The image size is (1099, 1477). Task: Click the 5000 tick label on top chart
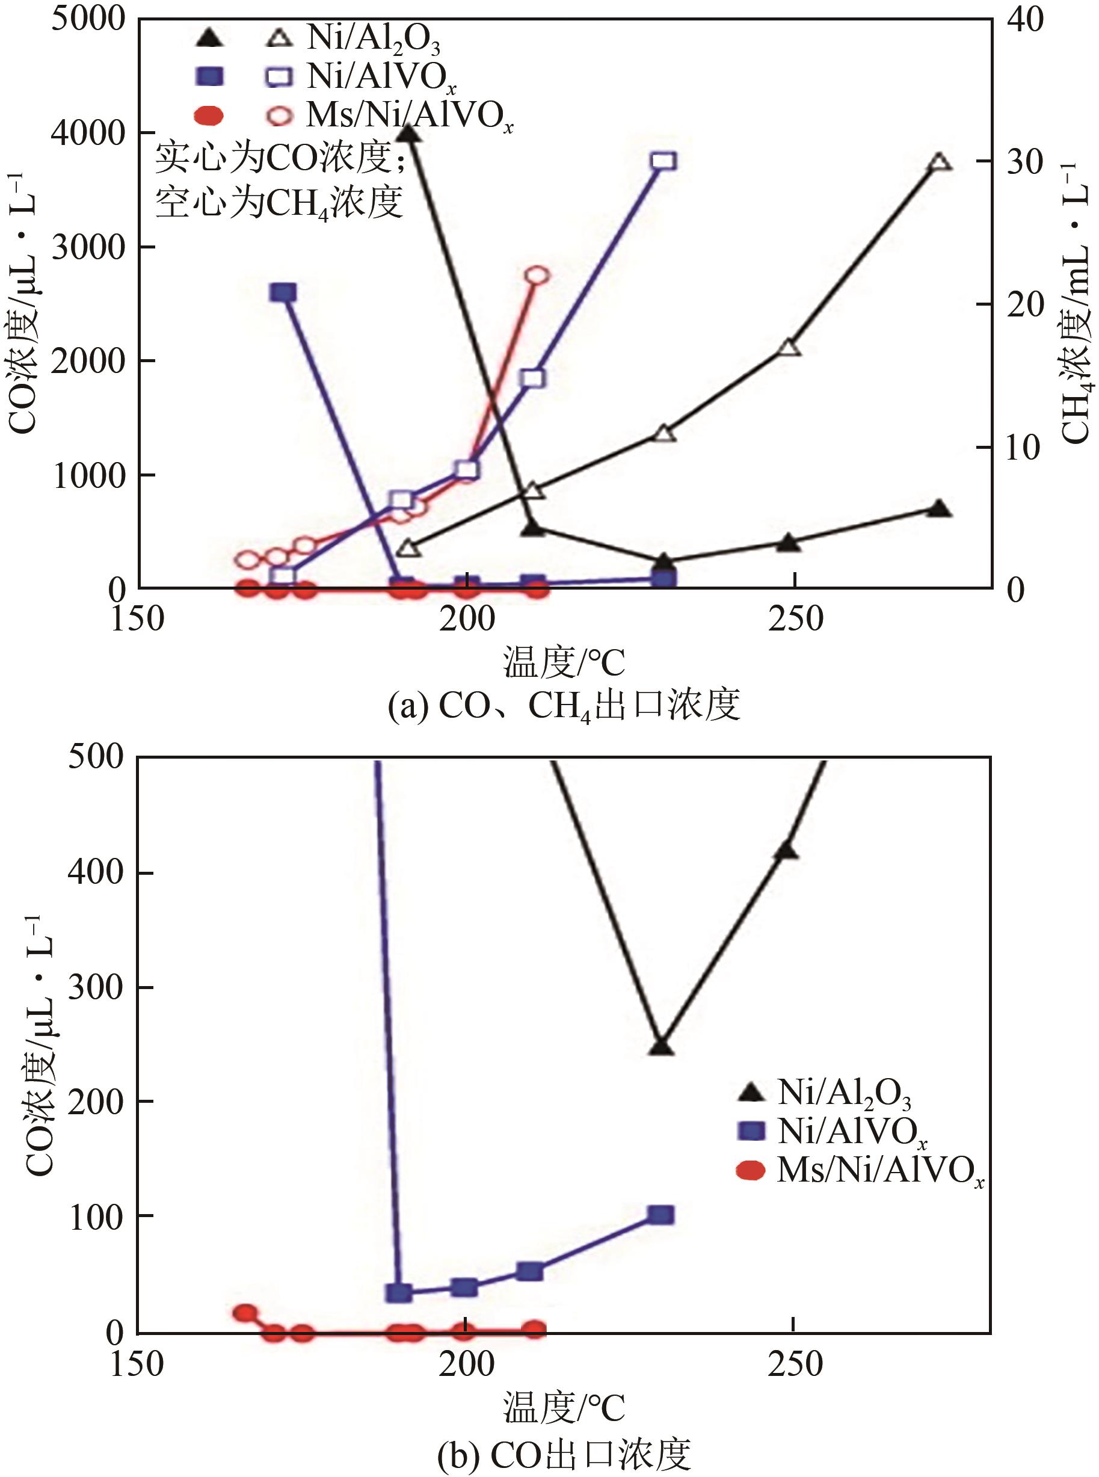(88, 20)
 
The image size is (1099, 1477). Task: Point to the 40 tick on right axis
(1025, 20)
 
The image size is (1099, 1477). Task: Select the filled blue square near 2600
(283, 293)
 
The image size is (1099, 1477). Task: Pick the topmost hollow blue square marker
(664, 161)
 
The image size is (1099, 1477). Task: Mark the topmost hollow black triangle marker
(938, 162)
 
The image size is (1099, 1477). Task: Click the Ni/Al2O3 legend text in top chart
(373, 39)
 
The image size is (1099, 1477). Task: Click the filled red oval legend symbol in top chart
(209, 116)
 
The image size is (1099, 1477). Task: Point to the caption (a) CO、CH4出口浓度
(564, 706)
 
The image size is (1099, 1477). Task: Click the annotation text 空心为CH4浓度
(279, 202)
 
